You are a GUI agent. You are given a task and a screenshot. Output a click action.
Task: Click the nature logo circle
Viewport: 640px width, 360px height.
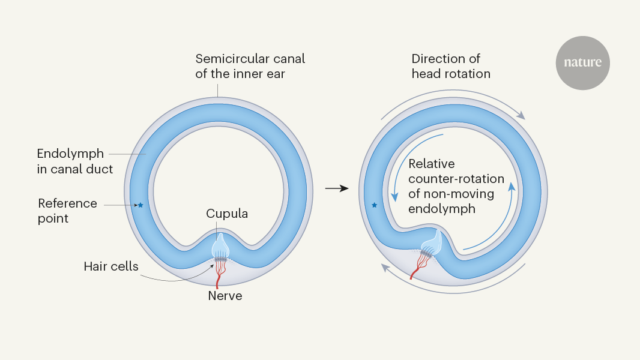[x=582, y=63]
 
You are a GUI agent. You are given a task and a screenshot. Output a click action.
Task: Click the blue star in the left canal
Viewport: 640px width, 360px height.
[x=140, y=205]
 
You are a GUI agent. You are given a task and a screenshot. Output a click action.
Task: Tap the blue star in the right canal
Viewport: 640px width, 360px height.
[x=375, y=205]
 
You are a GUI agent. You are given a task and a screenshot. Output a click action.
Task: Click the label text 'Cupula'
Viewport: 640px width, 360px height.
[x=227, y=214]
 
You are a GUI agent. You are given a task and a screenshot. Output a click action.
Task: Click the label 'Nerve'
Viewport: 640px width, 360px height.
[x=225, y=295]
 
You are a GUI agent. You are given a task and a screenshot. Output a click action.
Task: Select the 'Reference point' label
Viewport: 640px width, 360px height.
[x=67, y=211]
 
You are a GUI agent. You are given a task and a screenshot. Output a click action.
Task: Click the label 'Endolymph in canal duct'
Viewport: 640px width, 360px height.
[x=74, y=161]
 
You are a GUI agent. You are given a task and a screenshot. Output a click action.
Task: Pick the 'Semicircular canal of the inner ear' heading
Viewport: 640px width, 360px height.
[x=250, y=66]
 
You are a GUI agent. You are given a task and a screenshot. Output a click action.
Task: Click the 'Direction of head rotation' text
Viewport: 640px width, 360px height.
[x=451, y=66]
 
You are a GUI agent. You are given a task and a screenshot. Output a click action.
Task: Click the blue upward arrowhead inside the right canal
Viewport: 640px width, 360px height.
[x=512, y=186]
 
